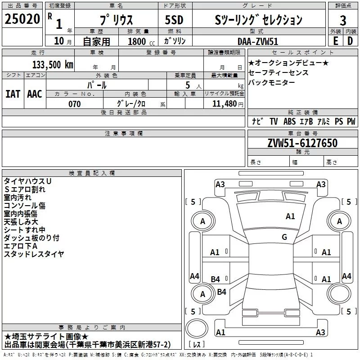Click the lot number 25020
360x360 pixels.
[22, 19]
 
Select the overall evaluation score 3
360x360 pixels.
[343, 20]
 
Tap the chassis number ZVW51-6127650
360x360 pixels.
[302, 144]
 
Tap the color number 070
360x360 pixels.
[74, 104]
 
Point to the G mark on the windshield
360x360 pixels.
[284, 237]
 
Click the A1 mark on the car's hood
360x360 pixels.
[290, 216]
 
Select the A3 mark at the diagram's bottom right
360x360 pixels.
[320, 333]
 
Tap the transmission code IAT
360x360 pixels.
[13, 94]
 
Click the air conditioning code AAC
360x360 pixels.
[34, 94]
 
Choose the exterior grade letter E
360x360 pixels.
[335, 40]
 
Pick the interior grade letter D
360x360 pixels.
[350, 40]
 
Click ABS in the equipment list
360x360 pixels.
[290, 121]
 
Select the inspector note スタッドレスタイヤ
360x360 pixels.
[34, 254]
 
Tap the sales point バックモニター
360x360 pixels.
[272, 82]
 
